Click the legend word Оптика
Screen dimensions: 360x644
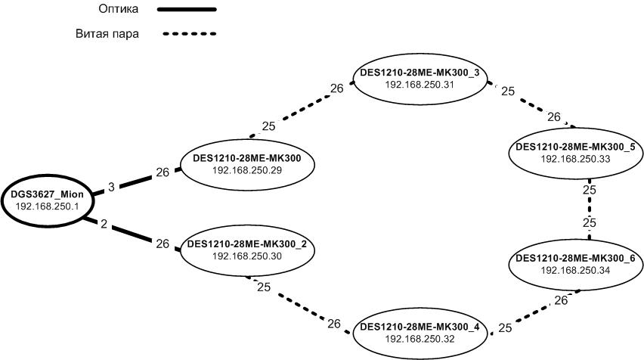(117, 10)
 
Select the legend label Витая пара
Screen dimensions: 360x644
(107, 34)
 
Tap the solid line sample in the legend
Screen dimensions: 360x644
(186, 10)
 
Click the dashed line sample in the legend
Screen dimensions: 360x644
(186, 34)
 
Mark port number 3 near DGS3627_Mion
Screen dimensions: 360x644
(110, 186)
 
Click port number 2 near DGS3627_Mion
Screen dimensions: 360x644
(104, 225)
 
